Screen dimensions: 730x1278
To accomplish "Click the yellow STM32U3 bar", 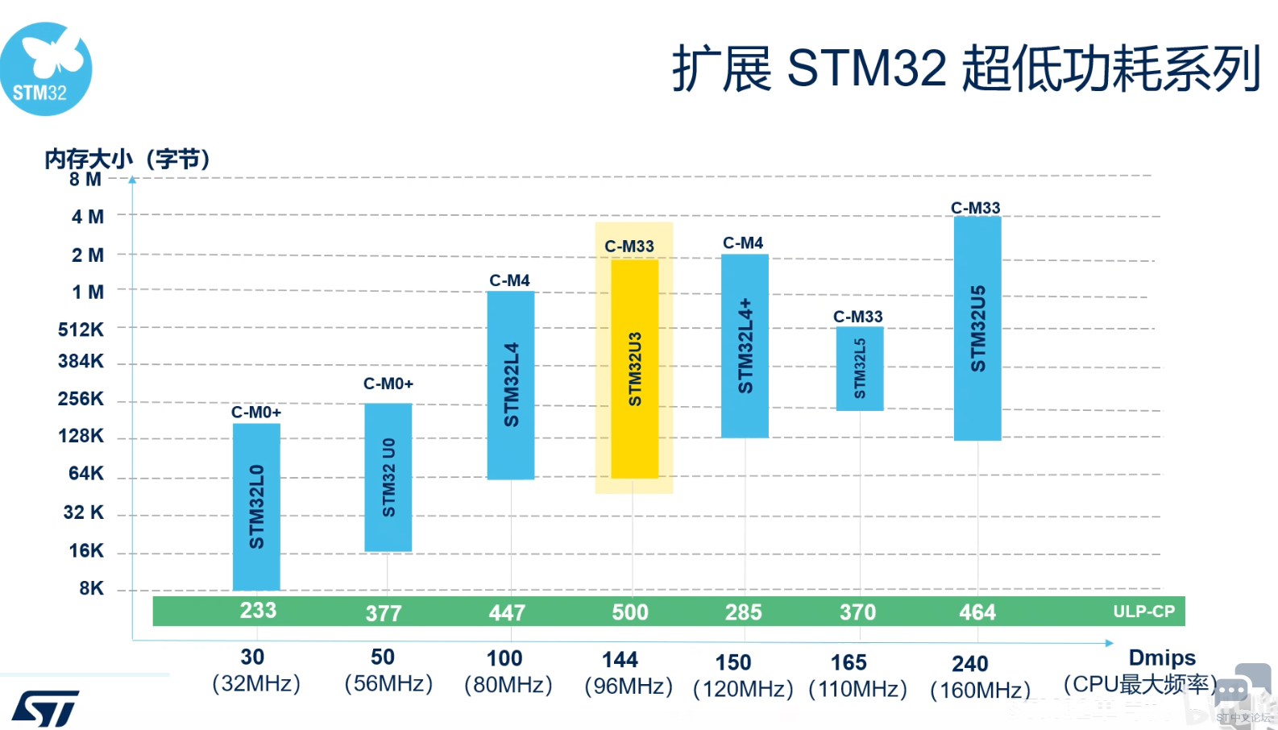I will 634,368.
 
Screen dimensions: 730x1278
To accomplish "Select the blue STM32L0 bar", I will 256,506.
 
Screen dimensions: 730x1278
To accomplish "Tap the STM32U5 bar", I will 977,328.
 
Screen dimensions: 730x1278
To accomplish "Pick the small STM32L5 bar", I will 860,368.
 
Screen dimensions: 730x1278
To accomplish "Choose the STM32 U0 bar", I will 388,477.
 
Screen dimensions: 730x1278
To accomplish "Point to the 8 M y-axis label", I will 85,179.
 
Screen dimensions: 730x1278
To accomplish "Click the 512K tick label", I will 81,330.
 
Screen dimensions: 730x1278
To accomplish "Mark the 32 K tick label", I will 83,512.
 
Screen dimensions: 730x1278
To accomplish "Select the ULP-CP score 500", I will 630,612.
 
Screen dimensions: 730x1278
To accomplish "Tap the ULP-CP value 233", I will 258,611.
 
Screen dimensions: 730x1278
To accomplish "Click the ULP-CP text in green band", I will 1143,612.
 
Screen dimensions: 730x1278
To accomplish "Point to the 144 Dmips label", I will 620,660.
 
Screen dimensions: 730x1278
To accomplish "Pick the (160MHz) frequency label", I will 980,691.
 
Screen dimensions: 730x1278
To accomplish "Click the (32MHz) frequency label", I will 256,684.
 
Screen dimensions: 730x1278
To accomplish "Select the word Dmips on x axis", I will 1162,657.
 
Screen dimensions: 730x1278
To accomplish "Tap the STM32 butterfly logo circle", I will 46,69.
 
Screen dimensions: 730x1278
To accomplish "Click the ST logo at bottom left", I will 45,708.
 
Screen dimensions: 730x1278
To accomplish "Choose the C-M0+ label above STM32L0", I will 256,413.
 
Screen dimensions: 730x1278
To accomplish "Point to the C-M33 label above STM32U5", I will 975,208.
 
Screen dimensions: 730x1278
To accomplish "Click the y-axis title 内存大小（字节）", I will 127,159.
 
